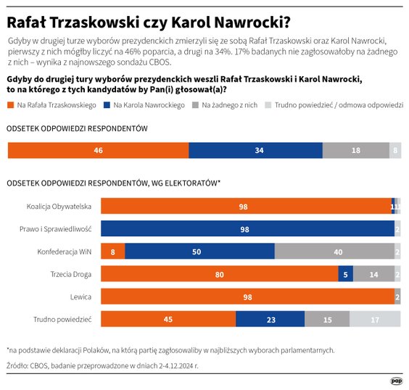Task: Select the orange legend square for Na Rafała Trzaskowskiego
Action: (x=10, y=105)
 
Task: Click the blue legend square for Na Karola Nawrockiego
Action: (x=107, y=105)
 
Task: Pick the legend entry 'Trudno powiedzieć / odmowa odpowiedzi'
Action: (x=334, y=105)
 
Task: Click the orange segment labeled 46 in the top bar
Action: (x=98, y=150)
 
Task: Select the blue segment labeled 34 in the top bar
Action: (x=255, y=150)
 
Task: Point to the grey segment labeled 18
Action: (x=355, y=150)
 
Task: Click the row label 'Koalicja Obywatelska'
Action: (x=58, y=207)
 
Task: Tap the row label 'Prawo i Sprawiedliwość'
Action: (x=55, y=229)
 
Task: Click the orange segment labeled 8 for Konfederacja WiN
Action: (x=112, y=252)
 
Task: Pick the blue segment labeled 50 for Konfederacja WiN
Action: (x=199, y=252)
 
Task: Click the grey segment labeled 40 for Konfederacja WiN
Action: (x=334, y=252)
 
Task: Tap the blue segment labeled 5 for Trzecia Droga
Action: (x=346, y=274)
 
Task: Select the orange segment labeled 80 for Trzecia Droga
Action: (x=219, y=274)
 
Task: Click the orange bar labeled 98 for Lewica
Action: (x=247, y=296)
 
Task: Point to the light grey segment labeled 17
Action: (x=375, y=319)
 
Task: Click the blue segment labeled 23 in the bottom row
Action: (x=270, y=319)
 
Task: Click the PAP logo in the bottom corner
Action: (x=397, y=380)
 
